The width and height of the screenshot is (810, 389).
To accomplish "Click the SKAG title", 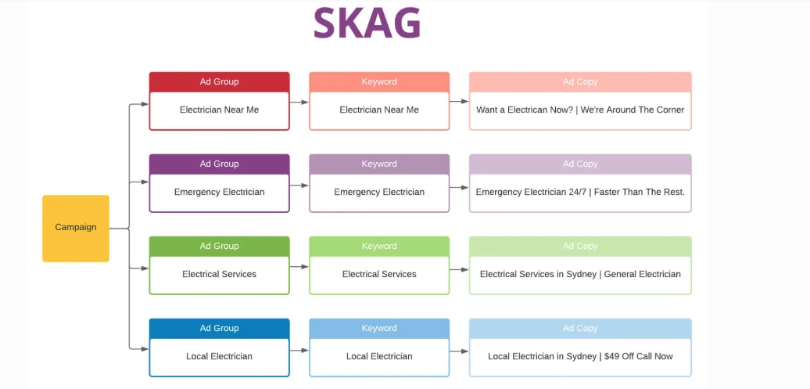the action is tap(367, 23).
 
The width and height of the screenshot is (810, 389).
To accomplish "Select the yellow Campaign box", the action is tap(76, 228).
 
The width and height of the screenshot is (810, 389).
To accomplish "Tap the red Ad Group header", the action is tap(220, 81).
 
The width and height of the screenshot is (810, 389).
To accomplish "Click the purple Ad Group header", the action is tap(220, 164).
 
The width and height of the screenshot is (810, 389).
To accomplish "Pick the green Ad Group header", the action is tap(220, 247).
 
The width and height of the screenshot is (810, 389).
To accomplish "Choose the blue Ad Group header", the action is tap(220, 329).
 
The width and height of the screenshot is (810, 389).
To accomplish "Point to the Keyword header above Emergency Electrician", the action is tap(379, 164).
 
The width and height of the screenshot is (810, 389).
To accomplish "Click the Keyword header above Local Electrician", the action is tap(379, 329).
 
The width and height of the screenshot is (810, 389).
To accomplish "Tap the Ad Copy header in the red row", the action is tap(580, 81).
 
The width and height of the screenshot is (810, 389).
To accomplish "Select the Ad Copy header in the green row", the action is tap(580, 247).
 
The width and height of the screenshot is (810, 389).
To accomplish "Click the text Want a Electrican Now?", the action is tap(525, 110).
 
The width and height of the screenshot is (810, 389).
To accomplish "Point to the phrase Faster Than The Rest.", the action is tap(640, 192).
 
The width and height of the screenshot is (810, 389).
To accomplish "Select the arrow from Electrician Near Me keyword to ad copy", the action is tap(459, 102).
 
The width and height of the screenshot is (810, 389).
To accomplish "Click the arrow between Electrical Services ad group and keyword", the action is tap(299, 267).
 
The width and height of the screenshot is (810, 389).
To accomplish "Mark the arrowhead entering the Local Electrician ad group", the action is tap(145, 349).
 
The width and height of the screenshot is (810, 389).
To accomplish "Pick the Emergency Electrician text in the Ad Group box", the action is tap(220, 192).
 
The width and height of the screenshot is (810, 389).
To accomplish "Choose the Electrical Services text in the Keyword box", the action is tap(379, 274).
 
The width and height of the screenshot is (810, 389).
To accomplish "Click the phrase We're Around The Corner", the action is tap(633, 110).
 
